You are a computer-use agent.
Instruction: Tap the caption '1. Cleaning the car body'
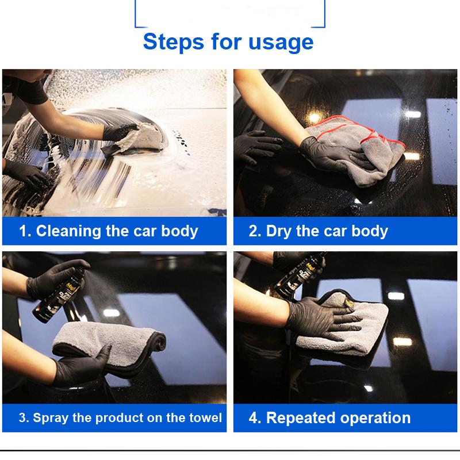109,231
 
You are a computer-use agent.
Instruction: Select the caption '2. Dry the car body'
318,231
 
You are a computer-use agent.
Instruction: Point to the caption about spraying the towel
120,417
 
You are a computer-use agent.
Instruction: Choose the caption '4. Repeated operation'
329,417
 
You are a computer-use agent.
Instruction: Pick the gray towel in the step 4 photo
345,328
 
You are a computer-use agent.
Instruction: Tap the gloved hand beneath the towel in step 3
86,365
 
